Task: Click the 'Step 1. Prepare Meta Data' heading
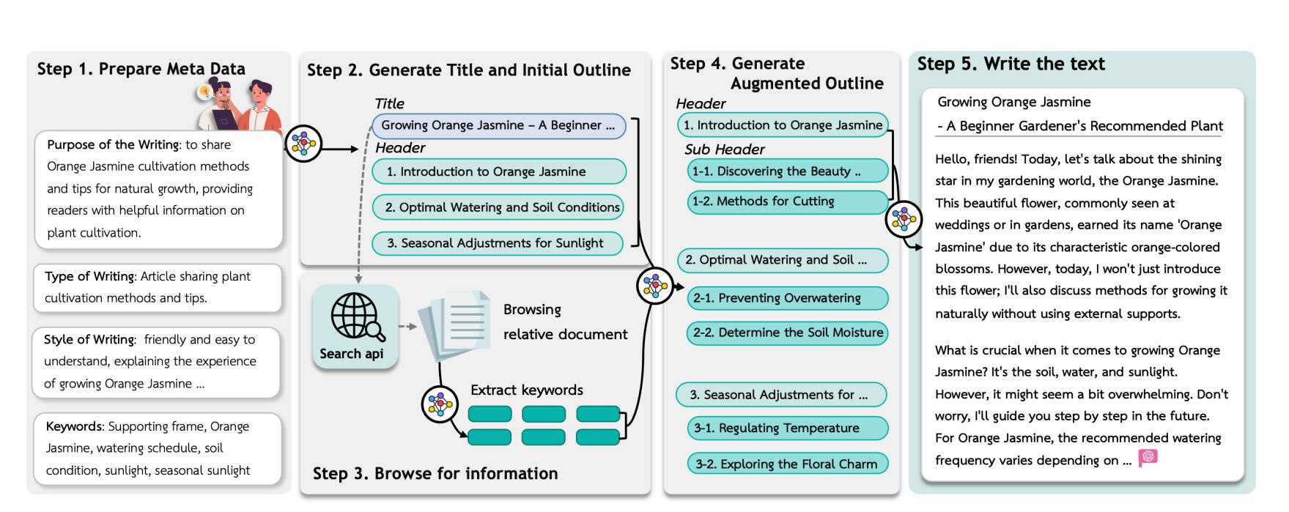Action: click(141, 69)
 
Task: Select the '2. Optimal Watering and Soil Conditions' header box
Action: click(498, 207)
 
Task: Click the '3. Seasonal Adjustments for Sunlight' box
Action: click(497, 243)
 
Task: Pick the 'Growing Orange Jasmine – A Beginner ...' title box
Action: click(498, 125)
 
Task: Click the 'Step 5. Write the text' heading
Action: click(1011, 64)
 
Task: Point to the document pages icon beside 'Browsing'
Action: click(455, 325)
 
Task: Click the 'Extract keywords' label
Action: click(527, 390)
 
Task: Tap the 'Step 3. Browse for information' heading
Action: click(435, 474)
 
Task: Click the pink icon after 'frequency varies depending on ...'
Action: click(1148, 458)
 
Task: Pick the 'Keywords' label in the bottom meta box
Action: click(74, 426)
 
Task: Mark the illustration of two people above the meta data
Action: click(239, 105)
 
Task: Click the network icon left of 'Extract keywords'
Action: click(440, 404)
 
